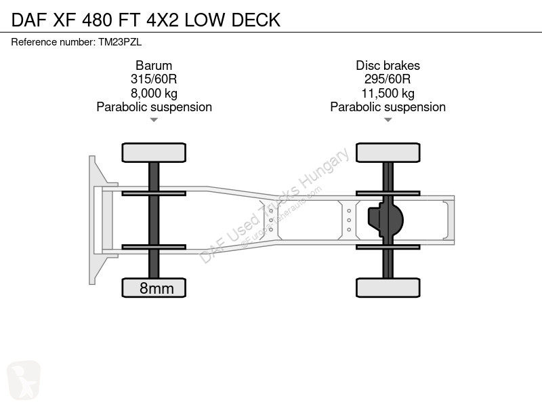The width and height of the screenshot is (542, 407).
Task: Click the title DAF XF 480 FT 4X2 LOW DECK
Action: point(146,20)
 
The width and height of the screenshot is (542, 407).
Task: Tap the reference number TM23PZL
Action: point(120,42)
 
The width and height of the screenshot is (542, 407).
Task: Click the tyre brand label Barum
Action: point(154,65)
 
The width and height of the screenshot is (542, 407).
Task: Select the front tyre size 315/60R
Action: point(154,79)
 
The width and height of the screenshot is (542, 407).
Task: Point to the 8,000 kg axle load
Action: point(154,93)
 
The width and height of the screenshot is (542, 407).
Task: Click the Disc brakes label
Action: point(388,65)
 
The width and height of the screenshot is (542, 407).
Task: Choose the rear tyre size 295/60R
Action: point(388,79)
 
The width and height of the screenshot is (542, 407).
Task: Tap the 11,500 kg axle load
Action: point(388,93)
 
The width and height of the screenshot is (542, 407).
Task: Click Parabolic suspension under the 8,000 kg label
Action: point(154,107)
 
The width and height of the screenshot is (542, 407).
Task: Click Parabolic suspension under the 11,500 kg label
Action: point(388,107)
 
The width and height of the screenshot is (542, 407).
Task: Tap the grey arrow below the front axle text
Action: point(154,120)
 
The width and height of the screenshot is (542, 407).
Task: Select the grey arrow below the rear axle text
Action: point(388,120)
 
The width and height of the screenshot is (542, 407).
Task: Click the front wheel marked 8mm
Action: point(154,288)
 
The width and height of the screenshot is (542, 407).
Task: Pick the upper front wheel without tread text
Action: point(154,153)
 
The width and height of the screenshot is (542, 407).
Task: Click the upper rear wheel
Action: point(388,153)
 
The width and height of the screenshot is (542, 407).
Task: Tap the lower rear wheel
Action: point(388,288)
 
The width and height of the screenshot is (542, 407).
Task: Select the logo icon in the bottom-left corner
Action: point(24,380)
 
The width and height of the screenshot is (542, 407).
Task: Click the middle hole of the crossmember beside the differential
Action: point(349,220)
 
